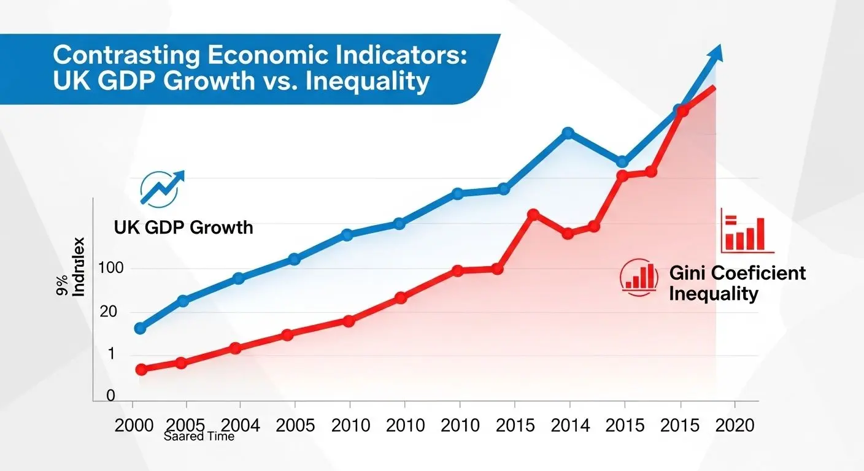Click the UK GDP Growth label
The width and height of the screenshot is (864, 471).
pos(183,228)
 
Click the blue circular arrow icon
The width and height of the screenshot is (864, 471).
pos(160,188)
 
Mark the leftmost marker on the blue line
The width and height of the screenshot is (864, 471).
pos(140,328)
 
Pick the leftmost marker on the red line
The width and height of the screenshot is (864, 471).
pos(141,369)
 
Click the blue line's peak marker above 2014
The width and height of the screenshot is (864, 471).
pos(568,132)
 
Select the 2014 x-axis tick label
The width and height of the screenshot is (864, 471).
pos(570,425)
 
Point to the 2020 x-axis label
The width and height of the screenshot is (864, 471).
pos(734,425)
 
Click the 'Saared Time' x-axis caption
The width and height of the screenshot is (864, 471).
pos(199,437)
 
